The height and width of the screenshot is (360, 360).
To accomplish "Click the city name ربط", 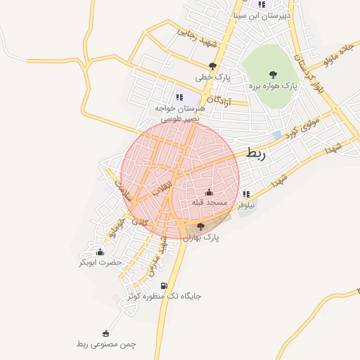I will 257,153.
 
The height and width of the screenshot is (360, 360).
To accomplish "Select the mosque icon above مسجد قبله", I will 209,192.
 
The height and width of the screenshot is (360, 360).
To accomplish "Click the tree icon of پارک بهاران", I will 201,226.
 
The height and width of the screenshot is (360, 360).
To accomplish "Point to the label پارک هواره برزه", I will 273,86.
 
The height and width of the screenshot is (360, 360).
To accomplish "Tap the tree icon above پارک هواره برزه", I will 273,74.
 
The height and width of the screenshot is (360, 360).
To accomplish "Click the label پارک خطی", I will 213,77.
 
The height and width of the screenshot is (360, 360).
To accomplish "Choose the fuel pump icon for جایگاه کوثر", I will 164,285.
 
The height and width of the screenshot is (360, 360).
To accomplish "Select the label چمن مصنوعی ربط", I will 105,344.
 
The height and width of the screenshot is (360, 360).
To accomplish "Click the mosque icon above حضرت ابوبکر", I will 100,251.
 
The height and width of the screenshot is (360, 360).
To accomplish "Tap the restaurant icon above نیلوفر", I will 245,193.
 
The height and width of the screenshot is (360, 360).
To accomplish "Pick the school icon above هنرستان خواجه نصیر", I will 179,98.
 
